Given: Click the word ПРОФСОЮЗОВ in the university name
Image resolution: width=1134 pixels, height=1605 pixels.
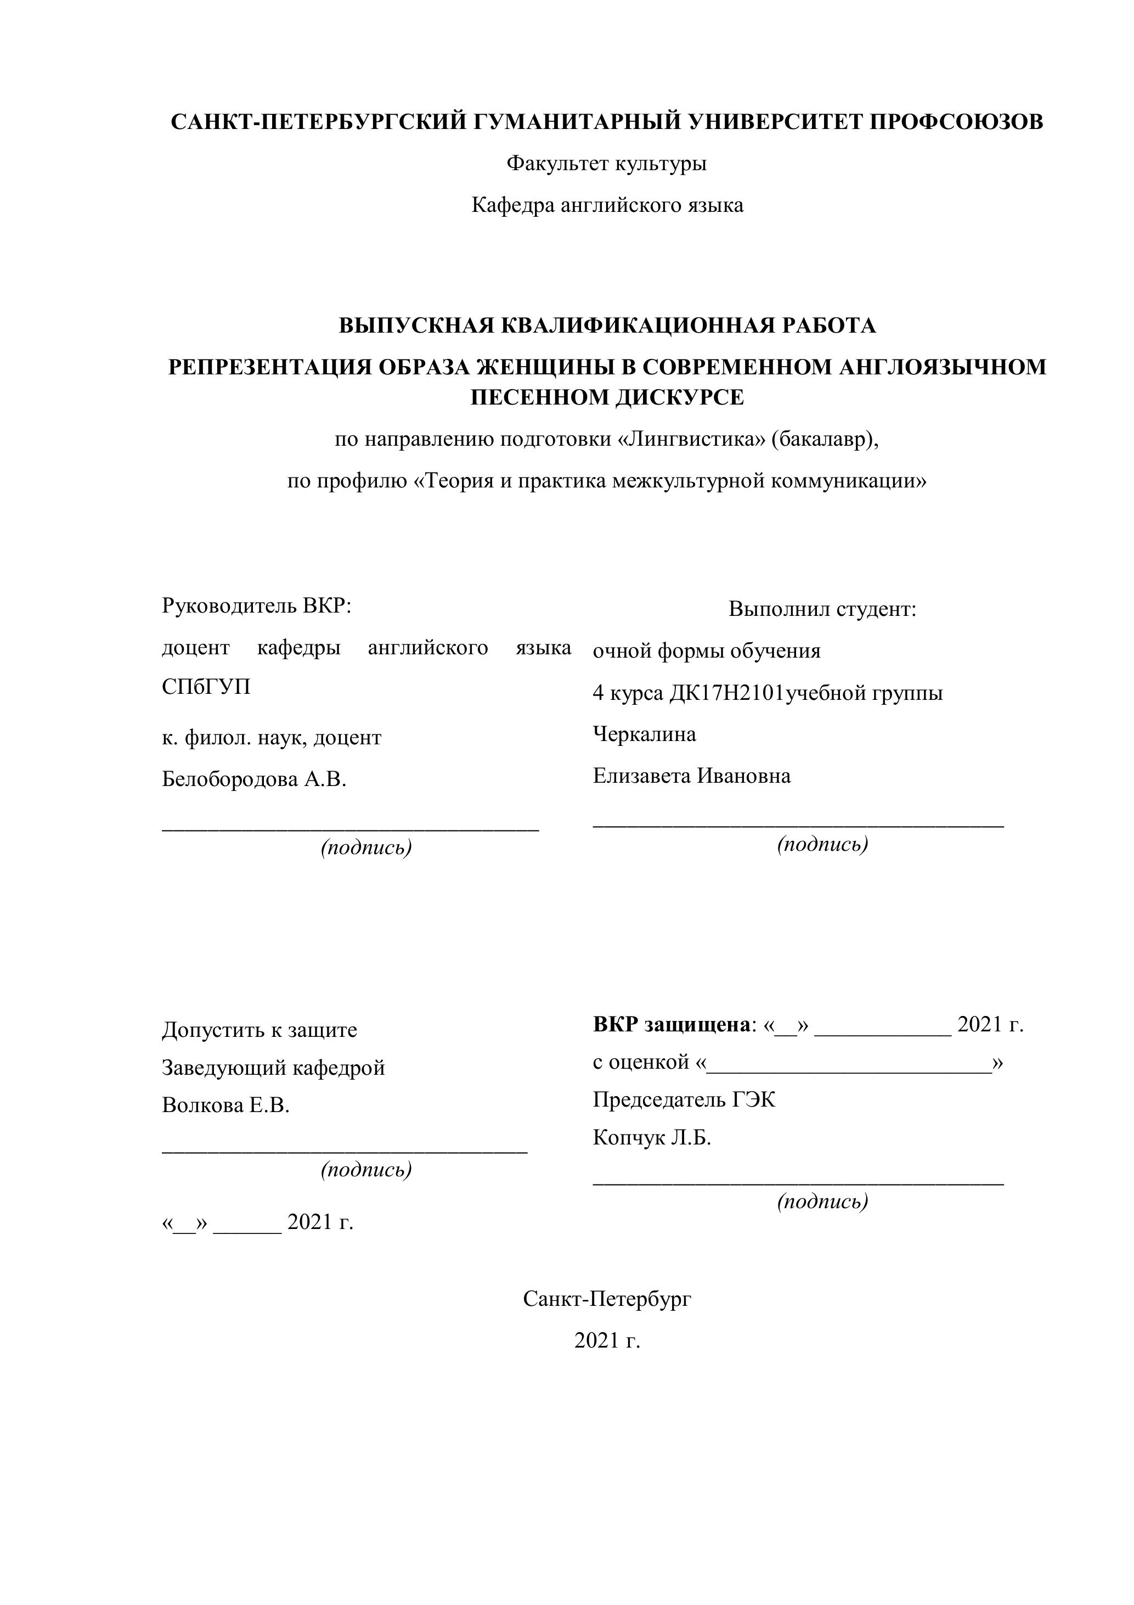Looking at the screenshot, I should pos(955,122).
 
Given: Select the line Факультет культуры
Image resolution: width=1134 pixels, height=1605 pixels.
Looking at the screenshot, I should pos(606,164).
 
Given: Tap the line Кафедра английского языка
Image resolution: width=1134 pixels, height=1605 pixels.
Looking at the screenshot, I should pos(607,205).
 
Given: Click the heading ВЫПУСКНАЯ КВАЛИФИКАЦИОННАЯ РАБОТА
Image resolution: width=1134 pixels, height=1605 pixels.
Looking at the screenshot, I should pos(607,326).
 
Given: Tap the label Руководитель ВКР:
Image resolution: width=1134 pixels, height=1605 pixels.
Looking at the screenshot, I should pos(256,605).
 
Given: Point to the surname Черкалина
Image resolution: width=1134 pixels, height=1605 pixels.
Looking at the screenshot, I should pos(644,734).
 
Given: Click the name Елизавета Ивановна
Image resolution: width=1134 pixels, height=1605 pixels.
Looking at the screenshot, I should pos(692,776).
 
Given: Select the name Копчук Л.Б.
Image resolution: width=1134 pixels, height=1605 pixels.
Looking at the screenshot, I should pos(652,1137).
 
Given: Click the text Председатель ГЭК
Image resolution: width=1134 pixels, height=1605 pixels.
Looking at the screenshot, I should pos(684,1099).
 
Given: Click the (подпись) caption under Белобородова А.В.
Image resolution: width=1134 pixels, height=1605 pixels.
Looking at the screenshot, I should pos(366,848).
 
